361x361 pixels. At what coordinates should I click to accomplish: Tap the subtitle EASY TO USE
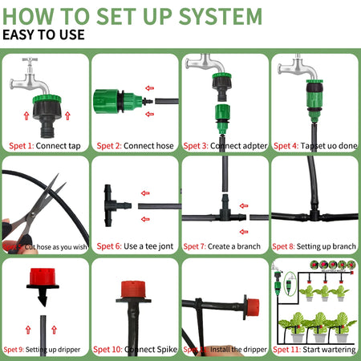[x=45, y=35]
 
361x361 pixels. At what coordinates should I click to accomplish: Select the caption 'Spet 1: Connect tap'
[x=45, y=145]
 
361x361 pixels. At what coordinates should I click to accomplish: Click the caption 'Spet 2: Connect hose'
[x=135, y=145]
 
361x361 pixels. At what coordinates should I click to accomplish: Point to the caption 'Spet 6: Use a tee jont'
[x=135, y=247]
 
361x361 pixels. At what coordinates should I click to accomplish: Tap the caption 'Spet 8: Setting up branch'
[x=315, y=247]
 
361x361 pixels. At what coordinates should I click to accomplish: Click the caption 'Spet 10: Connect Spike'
[x=135, y=349]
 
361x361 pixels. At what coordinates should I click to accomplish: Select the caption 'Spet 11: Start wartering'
[x=315, y=349]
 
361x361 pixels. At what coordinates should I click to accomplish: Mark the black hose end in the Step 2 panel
[x=160, y=102]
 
